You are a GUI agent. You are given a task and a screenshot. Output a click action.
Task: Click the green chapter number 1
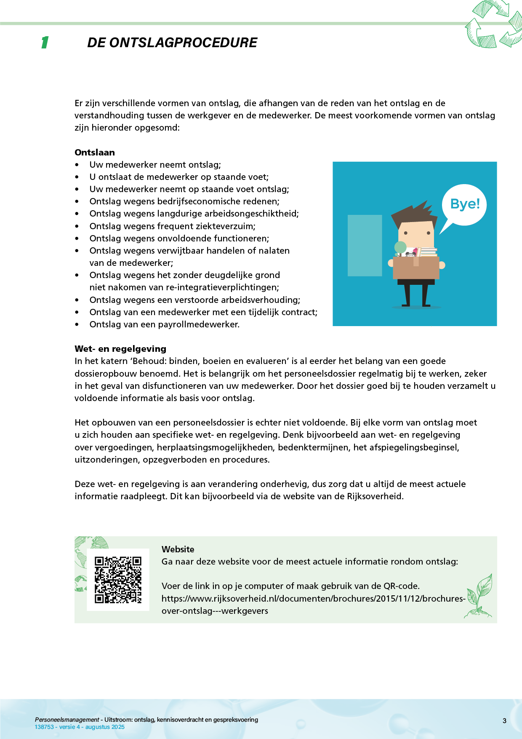[45, 43]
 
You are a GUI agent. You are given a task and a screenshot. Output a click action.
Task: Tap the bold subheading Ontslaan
[95, 153]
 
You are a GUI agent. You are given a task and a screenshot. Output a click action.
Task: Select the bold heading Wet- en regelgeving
[120, 349]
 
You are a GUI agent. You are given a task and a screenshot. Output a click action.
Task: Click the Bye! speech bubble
[465, 204]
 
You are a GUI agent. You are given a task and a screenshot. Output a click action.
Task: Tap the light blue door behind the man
[365, 245]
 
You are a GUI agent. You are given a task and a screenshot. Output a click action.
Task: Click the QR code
[118, 580]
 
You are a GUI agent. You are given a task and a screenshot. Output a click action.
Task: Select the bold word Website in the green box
[178, 549]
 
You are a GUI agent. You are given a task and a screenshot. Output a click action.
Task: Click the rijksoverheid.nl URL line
[313, 599]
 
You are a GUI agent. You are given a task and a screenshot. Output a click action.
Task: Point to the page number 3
[504, 721]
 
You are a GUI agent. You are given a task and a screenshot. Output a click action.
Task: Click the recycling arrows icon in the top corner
[494, 24]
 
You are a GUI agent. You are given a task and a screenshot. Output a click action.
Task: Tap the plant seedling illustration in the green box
[480, 596]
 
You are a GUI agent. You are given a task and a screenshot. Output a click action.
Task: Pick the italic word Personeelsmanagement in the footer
[67, 720]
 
